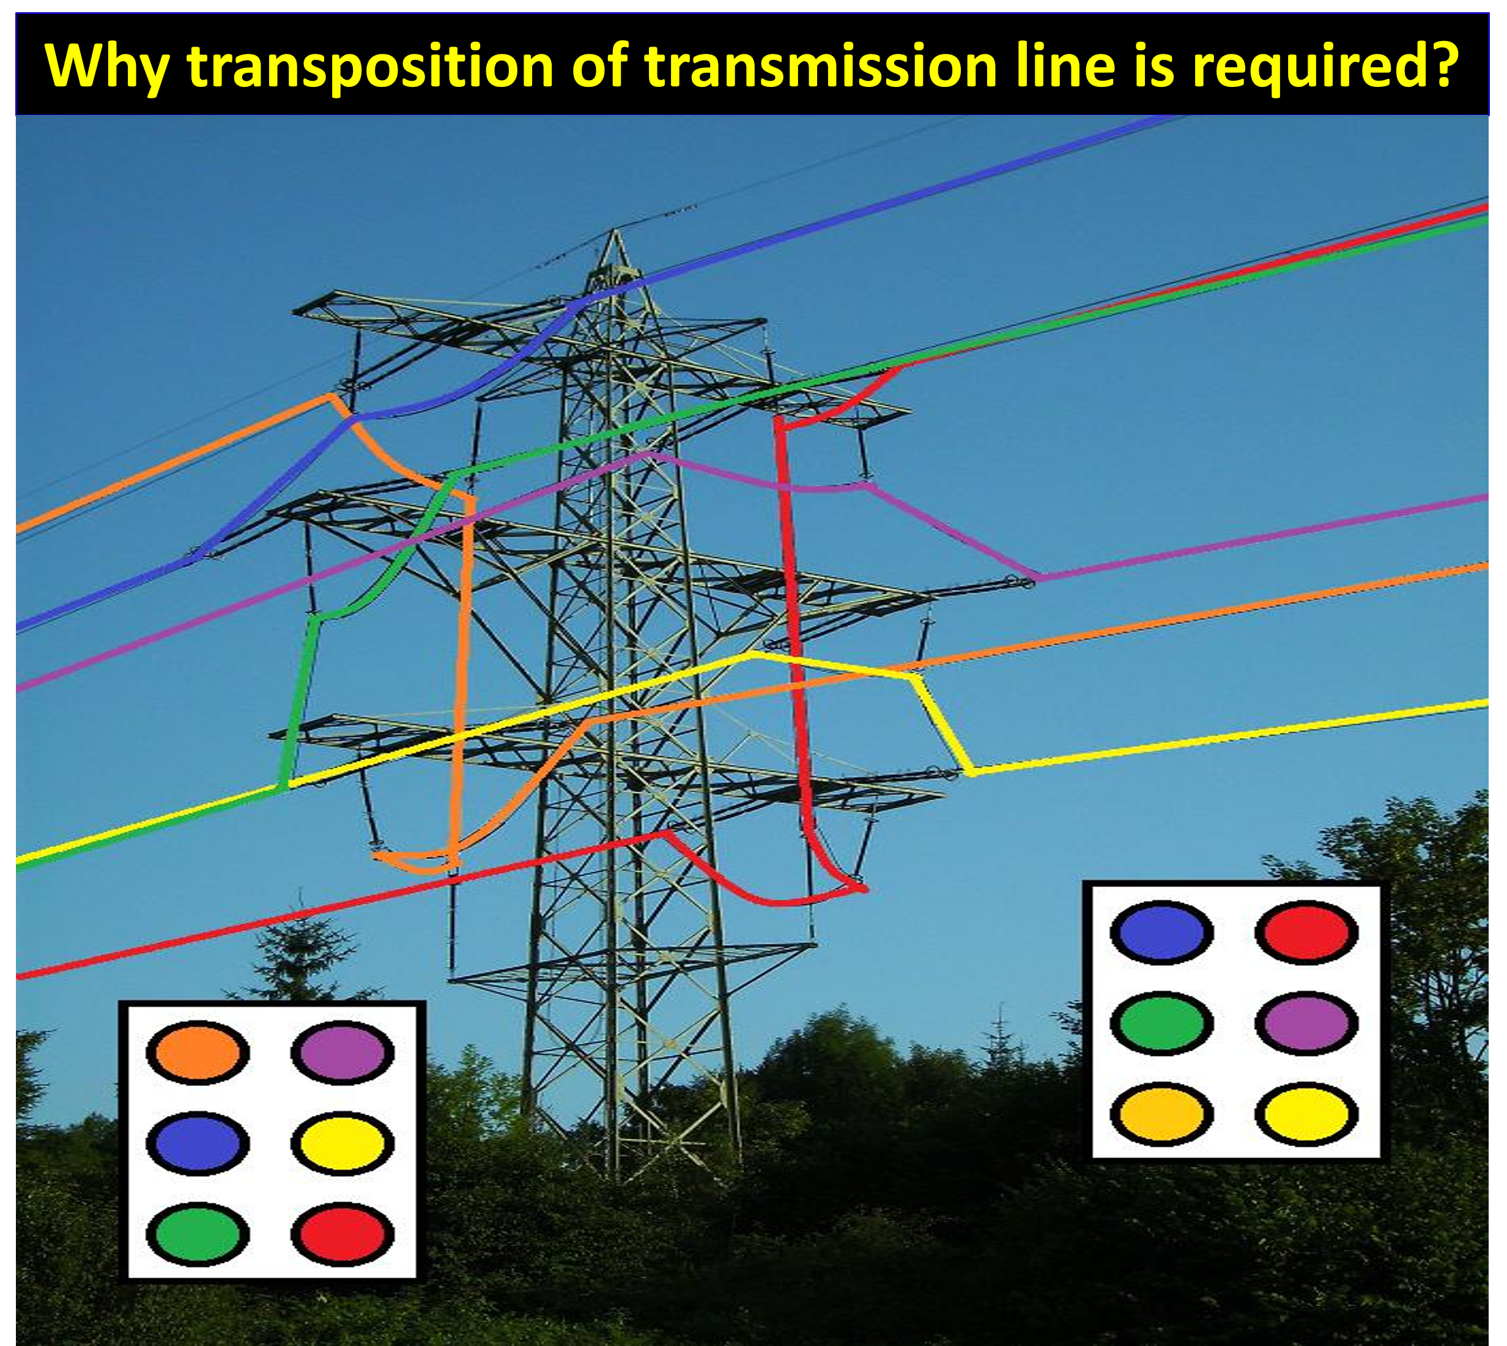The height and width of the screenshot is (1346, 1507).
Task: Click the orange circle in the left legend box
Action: (198, 1052)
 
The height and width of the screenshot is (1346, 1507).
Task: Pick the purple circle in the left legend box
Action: (342, 1052)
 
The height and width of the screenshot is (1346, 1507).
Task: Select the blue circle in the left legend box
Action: (198, 1143)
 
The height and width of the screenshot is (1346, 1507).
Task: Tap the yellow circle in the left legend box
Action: (342, 1143)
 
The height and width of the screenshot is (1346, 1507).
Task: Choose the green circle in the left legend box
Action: (198, 1234)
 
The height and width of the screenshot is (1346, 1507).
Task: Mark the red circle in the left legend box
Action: (342, 1234)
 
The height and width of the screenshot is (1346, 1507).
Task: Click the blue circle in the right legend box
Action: (1161, 932)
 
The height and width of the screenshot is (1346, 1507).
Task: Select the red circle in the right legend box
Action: (1306, 932)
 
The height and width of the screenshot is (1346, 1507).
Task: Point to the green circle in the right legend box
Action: (1161, 1023)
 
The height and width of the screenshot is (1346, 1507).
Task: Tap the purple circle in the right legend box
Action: (1306, 1023)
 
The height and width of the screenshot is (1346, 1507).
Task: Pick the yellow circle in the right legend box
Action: (1306, 1114)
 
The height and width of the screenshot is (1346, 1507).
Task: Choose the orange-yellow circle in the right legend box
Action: (1161, 1114)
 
